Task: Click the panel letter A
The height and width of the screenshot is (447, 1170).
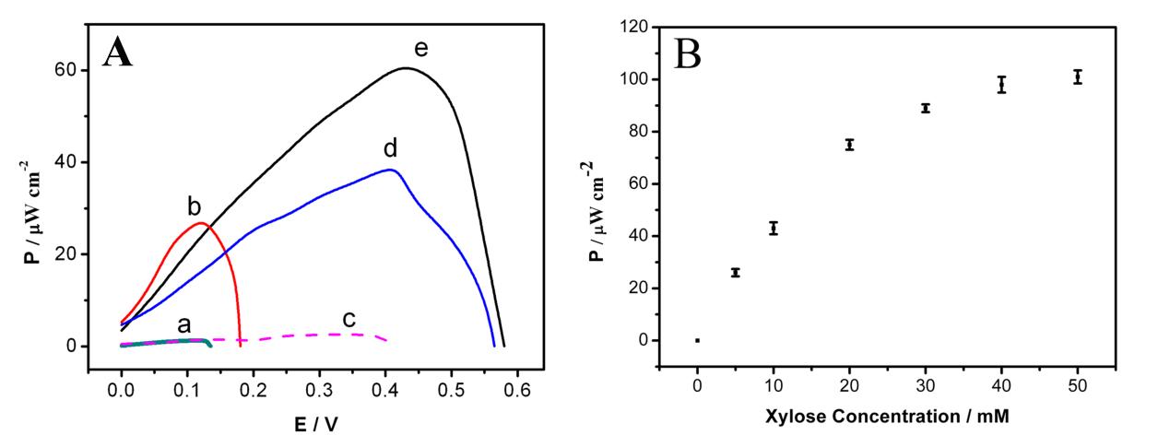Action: click(x=118, y=53)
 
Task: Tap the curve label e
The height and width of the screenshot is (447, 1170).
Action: click(x=420, y=49)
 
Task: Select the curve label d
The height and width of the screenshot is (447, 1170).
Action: click(x=390, y=148)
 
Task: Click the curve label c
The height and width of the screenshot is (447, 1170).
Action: click(x=349, y=319)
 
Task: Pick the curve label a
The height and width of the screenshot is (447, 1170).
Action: click(x=184, y=323)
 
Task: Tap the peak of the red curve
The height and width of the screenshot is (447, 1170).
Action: click(x=200, y=223)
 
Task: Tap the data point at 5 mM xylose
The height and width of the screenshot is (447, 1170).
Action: click(x=735, y=273)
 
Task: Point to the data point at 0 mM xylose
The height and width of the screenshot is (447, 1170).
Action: click(x=697, y=340)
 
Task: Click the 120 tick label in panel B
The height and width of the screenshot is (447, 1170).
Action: click(x=633, y=28)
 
